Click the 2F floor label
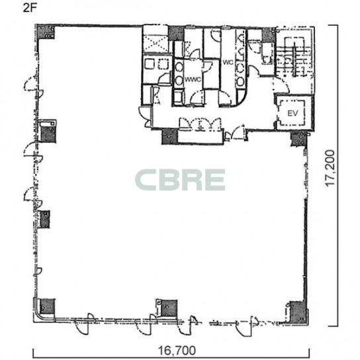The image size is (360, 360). click(x=29, y=8)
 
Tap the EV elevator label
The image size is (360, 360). click(x=292, y=113)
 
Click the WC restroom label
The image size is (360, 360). click(x=228, y=62)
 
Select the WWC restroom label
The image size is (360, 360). click(x=193, y=79)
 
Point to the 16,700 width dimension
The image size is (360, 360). click(x=177, y=350)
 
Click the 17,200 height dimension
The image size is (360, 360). click(x=331, y=168)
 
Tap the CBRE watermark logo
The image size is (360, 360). click(x=180, y=180)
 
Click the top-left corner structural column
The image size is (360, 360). click(x=46, y=32)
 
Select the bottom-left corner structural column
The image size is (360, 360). click(x=47, y=306)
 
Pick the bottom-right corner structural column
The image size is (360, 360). click(x=298, y=313)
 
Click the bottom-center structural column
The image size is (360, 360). click(x=169, y=308)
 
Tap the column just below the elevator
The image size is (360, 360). click(x=298, y=139)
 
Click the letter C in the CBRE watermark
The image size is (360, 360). click(x=146, y=180)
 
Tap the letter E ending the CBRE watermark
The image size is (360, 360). click(x=215, y=180)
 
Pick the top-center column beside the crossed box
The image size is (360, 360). click(x=176, y=34)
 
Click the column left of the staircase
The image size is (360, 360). click(x=269, y=35)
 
